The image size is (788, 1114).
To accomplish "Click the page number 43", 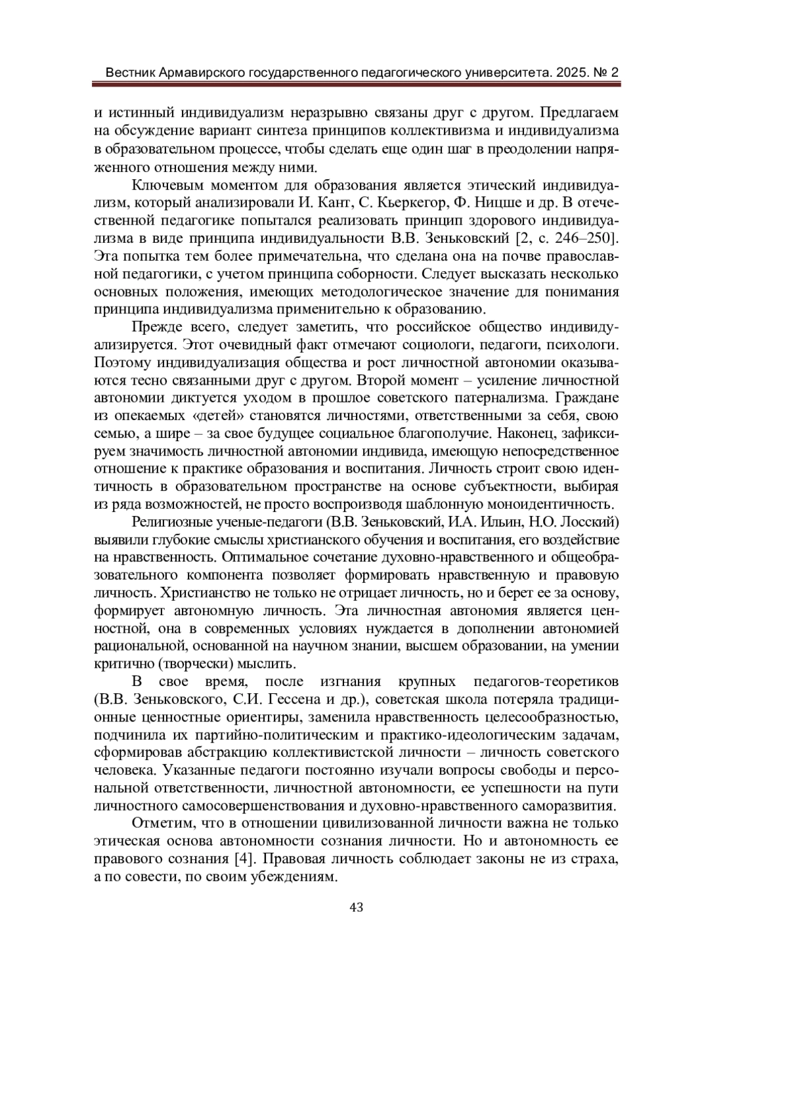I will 357,907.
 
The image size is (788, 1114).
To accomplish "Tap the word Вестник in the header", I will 130,72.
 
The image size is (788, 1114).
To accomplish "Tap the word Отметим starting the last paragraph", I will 157,823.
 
